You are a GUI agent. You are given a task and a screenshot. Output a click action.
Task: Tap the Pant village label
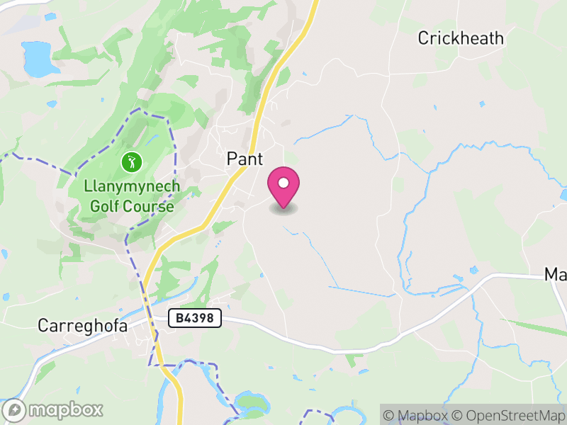[x=245, y=159]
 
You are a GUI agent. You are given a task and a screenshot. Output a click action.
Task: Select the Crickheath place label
[x=461, y=38]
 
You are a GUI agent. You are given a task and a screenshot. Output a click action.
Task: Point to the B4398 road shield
[x=195, y=319]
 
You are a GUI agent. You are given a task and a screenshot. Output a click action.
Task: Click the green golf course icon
[x=131, y=162]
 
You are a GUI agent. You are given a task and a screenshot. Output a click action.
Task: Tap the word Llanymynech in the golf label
[x=132, y=188]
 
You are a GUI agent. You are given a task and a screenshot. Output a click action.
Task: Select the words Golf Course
[x=132, y=206]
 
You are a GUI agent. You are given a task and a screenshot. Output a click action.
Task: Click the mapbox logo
[x=54, y=409]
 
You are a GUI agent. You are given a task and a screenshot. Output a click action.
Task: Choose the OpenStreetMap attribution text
[x=509, y=415]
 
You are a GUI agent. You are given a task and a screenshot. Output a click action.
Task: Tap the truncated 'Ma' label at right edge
[x=555, y=274]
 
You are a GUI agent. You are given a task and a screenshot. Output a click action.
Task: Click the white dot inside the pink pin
[x=283, y=183]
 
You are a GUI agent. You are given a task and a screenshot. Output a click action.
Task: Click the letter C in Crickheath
[x=423, y=38]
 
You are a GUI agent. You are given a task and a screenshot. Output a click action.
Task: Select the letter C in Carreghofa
[x=43, y=326]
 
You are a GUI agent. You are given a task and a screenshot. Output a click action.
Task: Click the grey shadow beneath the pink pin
[x=283, y=209]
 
